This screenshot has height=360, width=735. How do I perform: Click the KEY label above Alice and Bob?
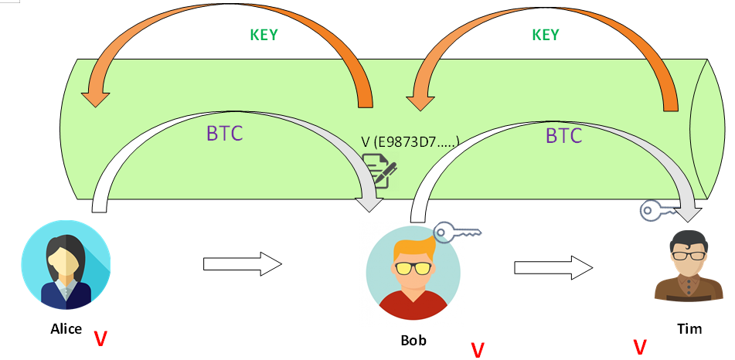pyautogui.click(x=264, y=36)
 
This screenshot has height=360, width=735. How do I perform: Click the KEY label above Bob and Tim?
pyautogui.click(x=545, y=36)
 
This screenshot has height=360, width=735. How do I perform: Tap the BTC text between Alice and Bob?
pyautogui.click(x=224, y=134)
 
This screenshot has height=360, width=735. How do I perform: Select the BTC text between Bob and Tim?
pyautogui.click(x=563, y=136)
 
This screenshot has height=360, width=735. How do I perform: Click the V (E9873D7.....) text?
pyautogui.click(x=410, y=141)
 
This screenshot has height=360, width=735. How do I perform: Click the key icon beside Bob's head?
pyautogui.click(x=456, y=231)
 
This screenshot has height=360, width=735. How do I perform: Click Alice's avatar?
pyautogui.click(x=66, y=265)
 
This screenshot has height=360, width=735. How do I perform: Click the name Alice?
pyautogui.click(x=66, y=329)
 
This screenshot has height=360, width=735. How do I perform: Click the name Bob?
pyautogui.click(x=413, y=340)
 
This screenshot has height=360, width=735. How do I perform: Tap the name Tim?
pyautogui.click(x=689, y=329)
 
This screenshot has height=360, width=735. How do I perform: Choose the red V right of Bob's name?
pyautogui.click(x=477, y=350)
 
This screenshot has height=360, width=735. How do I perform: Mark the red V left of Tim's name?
pyautogui.click(x=640, y=347)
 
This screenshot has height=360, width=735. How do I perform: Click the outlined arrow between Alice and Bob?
pyautogui.click(x=242, y=264)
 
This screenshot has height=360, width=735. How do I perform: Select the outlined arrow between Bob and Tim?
pyautogui.click(x=553, y=267)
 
